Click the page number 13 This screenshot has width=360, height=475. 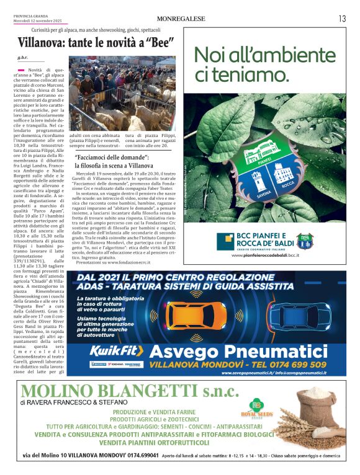click(x=343, y=19)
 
